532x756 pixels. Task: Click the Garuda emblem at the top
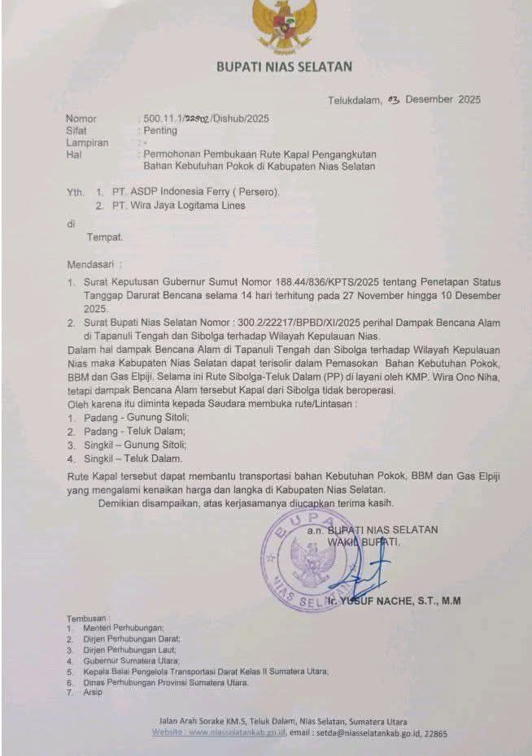click(284, 24)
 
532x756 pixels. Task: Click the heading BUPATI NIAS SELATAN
click(284, 67)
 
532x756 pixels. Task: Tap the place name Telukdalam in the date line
click(354, 101)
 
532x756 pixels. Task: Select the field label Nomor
click(81, 119)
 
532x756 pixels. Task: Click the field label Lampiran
click(88, 141)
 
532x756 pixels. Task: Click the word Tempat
click(105, 237)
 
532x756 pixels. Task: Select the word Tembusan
click(87, 618)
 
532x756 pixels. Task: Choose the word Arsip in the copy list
click(94, 692)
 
